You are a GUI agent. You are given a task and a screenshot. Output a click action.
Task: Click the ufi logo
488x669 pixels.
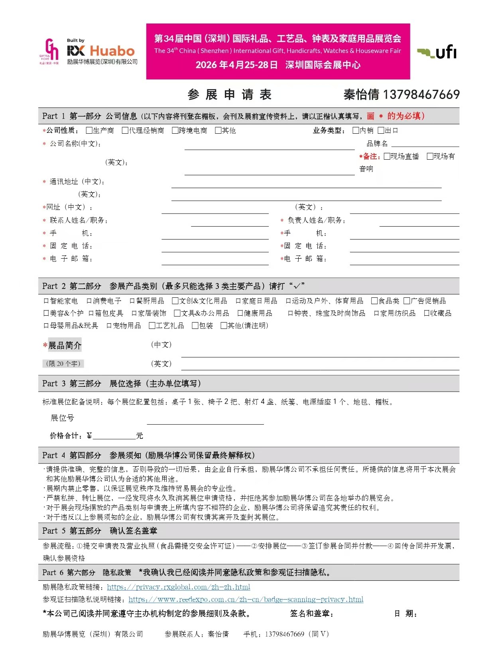tap(437, 52)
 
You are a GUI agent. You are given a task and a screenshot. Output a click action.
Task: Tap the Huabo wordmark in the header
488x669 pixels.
tap(112, 51)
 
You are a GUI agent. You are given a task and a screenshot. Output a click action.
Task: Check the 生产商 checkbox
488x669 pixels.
tap(89, 131)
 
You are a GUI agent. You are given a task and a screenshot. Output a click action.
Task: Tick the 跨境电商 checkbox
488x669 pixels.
tap(175, 131)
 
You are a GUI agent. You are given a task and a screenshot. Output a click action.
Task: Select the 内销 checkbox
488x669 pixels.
tap(356, 131)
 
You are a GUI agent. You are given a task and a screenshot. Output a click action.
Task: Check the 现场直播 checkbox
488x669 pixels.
tap(387, 156)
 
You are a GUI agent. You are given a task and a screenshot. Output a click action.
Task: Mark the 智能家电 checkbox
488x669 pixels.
tap(46, 301)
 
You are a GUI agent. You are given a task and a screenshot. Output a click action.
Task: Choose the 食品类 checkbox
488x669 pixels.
tap(374, 301)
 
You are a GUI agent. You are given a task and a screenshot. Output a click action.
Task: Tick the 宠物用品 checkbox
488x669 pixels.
tap(109, 326)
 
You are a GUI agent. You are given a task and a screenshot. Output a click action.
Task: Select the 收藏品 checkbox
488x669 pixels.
tap(427, 313)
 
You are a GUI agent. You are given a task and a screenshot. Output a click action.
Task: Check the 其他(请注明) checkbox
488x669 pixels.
tap(224, 326)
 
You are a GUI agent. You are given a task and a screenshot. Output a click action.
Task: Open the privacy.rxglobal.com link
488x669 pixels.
tap(179, 587)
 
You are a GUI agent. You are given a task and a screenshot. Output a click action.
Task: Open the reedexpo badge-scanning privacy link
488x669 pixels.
tap(246, 600)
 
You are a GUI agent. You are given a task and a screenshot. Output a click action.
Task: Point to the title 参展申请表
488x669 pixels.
tap(230, 95)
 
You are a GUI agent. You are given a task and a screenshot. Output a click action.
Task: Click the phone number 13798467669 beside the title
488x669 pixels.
tap(421, 95)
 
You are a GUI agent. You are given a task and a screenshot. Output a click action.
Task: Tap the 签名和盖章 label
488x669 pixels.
tap(311, 614)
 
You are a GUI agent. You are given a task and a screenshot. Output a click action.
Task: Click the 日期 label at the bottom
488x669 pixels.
tap(405, 614)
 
